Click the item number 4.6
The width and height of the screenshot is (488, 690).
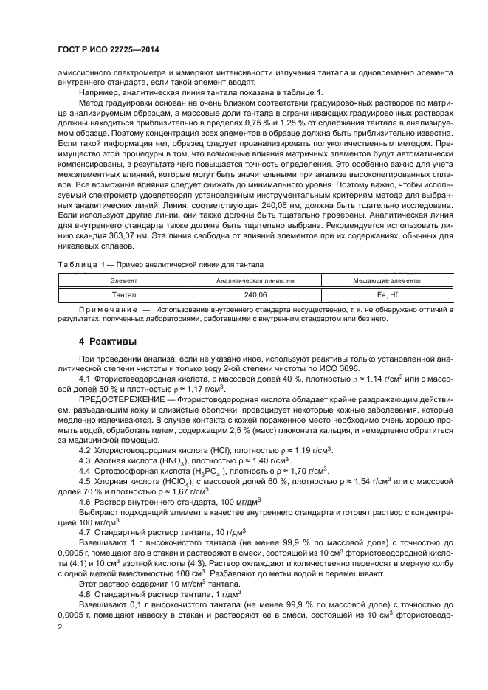tap(84, 510)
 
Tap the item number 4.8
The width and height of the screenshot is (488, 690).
tap(84, 593)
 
